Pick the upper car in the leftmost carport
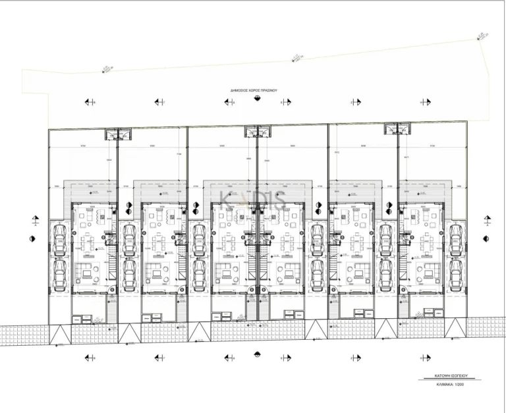pyautogui.click(x=59, y=236)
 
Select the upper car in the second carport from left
pyautogui.click(x=129, y=236)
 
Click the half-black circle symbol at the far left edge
pyautogui.click(x=34, y=238)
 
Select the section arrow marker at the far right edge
pyautogui.click(x=488, y=219)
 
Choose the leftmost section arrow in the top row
pyautogui.click(x=88, y=102)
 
